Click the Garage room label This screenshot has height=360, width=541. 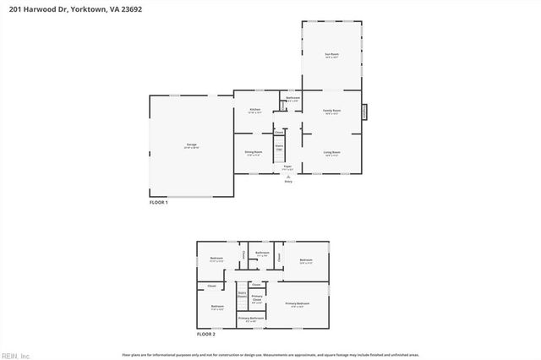click(x=192, y=145)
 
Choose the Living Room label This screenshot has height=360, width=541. click(x=332, y=153)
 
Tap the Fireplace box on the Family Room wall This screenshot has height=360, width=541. click(x=365, y=110)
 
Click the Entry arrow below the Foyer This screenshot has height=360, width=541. click(x=288, y=177)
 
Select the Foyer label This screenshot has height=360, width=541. click(x=288, y=167)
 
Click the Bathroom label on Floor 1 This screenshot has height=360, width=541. click(x=292, y=99)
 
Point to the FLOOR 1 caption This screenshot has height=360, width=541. click(x=159, y=203)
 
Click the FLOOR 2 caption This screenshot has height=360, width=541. click(x=206, y=335)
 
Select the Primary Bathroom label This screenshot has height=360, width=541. click(x=250, y=319)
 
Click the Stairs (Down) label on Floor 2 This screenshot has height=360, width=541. click(x=242, y=295)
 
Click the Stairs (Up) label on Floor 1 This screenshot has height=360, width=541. click(x=278, y=147)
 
